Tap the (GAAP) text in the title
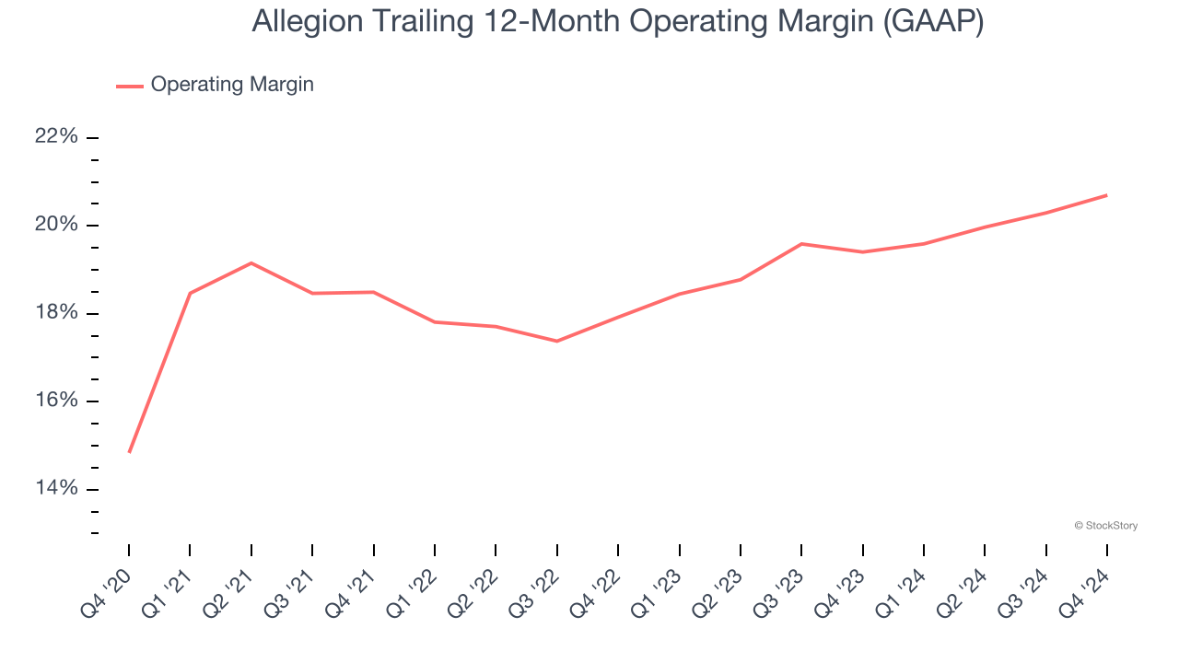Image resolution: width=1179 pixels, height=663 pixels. [x=932, y=22]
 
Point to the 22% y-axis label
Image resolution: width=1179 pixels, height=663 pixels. [x=56, y=137]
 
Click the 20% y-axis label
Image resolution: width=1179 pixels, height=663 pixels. [x=56, y=226]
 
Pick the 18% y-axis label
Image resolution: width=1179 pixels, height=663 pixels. [x=56, y=313]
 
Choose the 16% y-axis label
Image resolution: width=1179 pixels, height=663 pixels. [x=56, y=401]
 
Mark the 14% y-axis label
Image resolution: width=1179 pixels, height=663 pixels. [x=56, y=488]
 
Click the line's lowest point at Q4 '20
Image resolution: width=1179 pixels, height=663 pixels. [x=129, y=452]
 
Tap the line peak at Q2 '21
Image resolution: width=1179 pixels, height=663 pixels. [x=251, y=263]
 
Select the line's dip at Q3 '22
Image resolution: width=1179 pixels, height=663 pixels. [x=557, y=341]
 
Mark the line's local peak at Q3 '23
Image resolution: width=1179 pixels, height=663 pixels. [x=801, y=244]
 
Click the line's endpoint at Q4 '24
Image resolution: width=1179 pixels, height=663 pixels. [x=1106, y=195]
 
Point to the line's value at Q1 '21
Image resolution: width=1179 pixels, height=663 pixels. [x=190, y=293]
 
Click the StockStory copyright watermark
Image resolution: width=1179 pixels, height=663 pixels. [x=1105, y=526]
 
